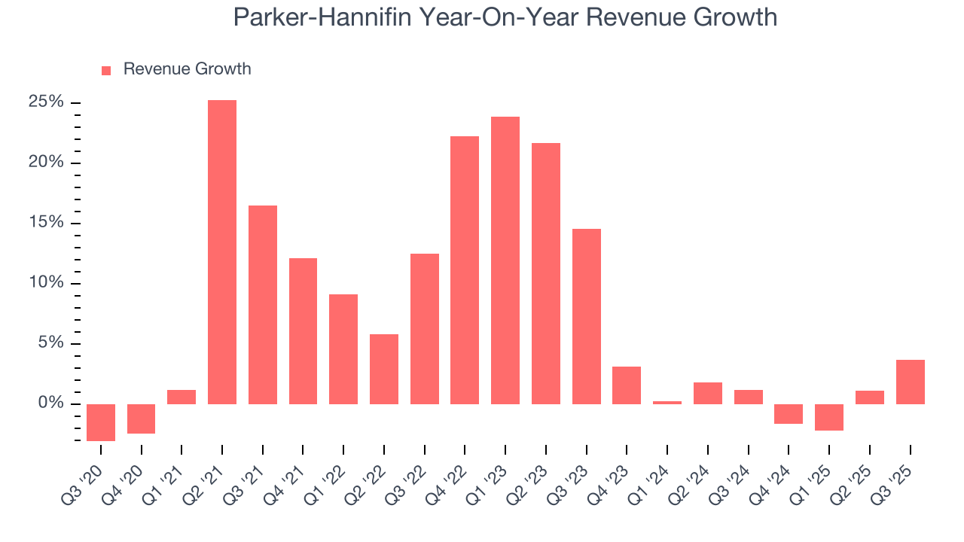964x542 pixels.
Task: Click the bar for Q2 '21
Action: (222, 252)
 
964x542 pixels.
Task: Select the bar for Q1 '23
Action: (505, 260)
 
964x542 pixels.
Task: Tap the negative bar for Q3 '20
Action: (101, 422)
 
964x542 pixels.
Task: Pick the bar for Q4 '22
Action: (465, 270)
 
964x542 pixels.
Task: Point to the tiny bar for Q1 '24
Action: (667, 403)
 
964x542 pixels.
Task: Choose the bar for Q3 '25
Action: (910, 382)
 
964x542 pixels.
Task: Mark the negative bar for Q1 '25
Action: (829, 417)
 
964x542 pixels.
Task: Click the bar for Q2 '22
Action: (384, 369)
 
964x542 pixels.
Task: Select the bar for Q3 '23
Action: (586, 316)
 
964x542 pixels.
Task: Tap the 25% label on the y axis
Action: (46, 102)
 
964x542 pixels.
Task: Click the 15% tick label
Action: (46, 223)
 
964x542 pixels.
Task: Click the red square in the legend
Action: (106, 70)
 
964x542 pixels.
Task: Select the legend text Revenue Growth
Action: (187, 69)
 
